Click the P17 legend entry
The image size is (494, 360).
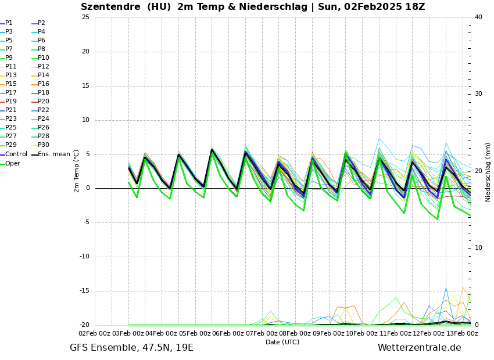11,93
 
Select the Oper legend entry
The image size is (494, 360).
12,164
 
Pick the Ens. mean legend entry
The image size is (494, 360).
53,154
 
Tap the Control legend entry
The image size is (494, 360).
16,154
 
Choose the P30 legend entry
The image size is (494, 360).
44,145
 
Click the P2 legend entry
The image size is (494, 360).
41,23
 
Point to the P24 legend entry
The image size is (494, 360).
44,119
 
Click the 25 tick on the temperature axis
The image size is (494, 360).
85,17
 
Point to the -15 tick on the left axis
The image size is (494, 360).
84,291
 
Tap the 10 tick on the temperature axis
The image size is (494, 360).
85,120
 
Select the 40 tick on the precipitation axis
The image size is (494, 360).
478,17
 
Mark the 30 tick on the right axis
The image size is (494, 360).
478,94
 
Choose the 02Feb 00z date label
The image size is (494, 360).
94,333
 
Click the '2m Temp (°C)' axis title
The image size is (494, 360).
76,171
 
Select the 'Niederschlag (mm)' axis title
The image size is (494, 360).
488,172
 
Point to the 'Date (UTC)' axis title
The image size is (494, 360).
282,342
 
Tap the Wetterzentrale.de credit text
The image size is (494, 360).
419,348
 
